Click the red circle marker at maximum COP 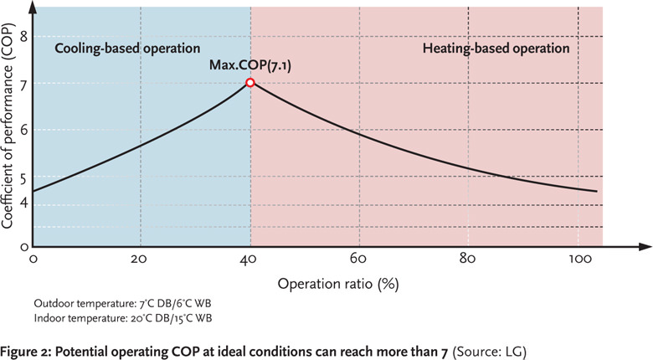pyautogui.click(x=250, y=83)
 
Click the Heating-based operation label pyautogui.click(x=496, y=49)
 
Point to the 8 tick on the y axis pyautogui.click(x=24, y=36)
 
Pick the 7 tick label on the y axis pyautogui.click(x=24, y=84)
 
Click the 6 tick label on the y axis pyautogui.click(x=24, y=130)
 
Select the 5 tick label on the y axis pyautogui.click(x=24, y=177)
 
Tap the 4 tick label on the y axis pyautogui.click(x=24, y=201)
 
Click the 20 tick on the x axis pyautogui.click(x=140, y=259)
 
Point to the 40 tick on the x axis pyautogui.click(x=250, y=259)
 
